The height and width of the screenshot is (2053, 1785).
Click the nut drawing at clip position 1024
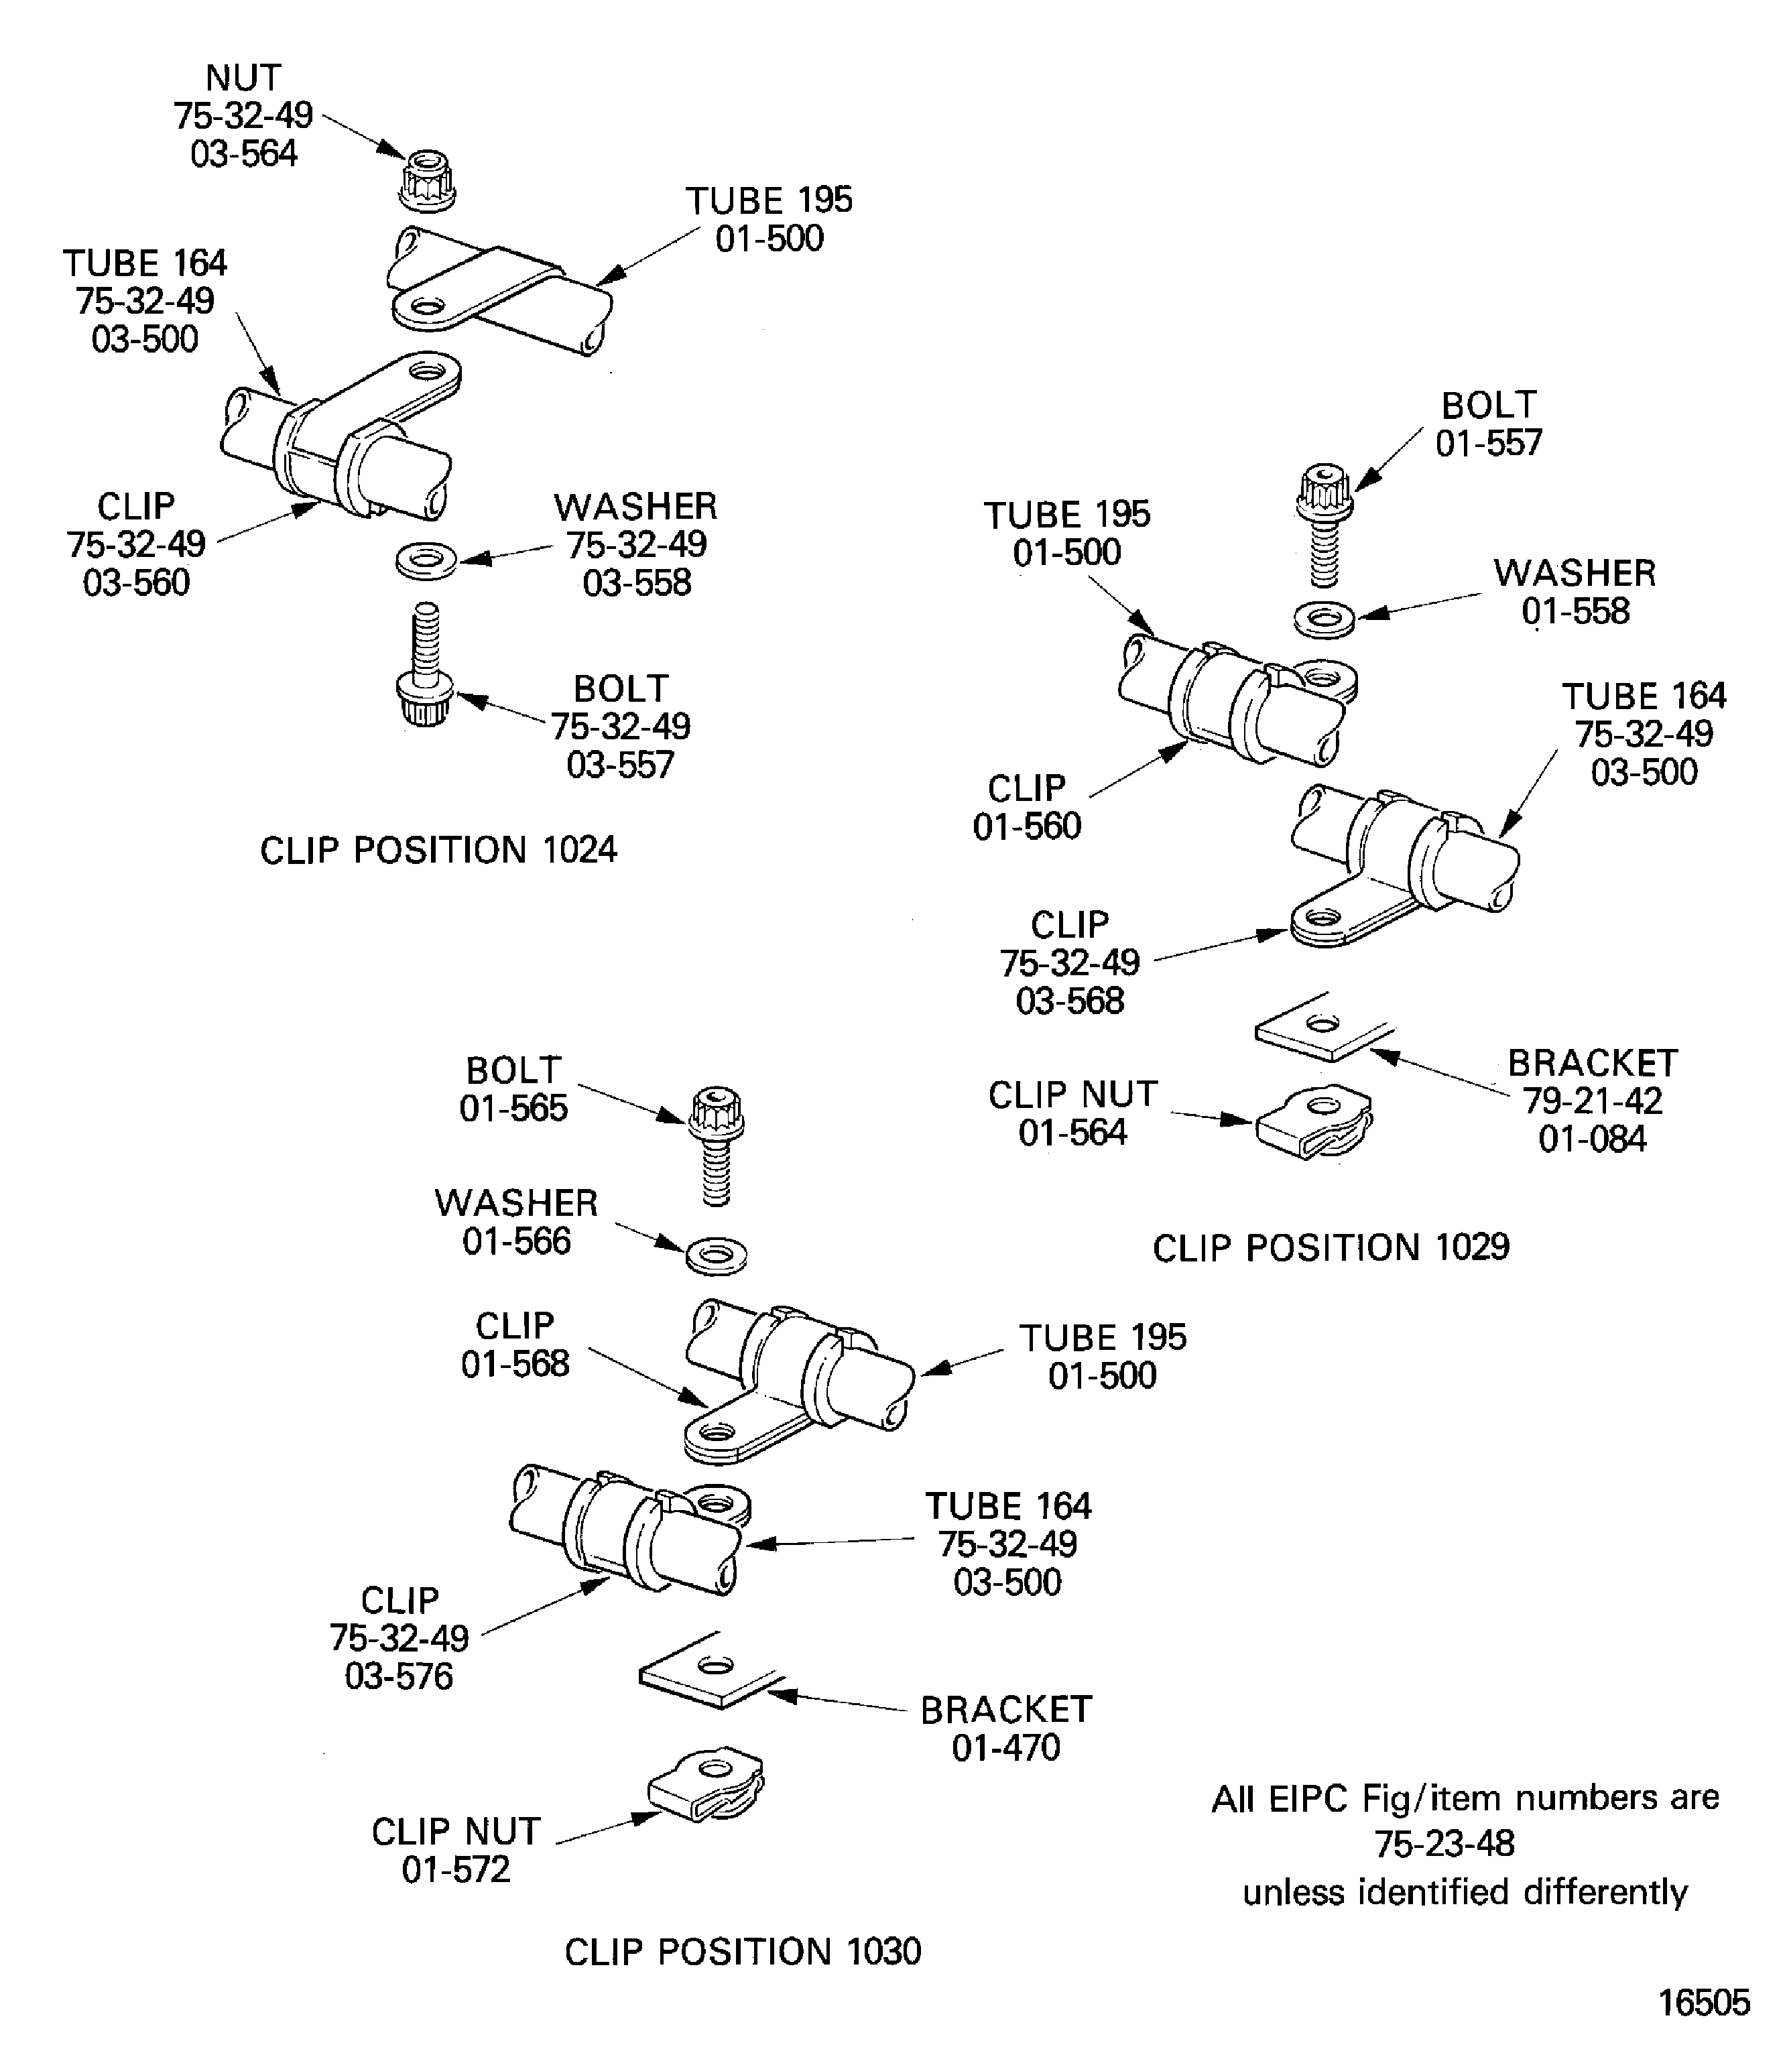(428, 180)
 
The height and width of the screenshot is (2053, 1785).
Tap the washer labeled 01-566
(716, 1254)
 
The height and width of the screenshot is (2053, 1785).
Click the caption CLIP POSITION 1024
(438, 851)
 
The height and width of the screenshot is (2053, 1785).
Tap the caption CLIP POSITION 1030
(743, 1951)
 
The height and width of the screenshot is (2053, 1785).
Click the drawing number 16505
(1703, 2002)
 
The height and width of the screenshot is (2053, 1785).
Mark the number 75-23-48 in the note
(1444, 1844)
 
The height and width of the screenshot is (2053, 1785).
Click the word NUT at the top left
(243, 78)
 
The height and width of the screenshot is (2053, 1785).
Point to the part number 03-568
(1070, 1000)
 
